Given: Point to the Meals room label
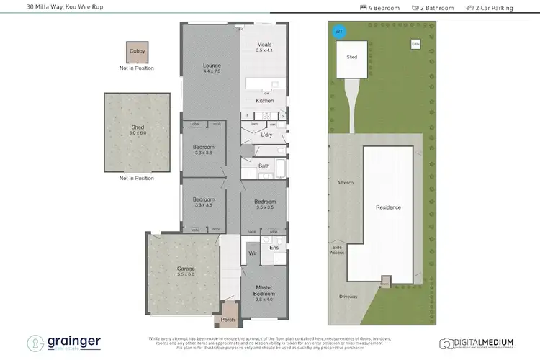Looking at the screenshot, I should click(265, 45).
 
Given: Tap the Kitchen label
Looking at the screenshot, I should click(265, 100).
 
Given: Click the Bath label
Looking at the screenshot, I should click(264, 166).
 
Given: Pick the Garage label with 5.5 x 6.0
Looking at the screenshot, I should click(186, 270).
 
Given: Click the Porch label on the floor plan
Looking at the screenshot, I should click(228, 320).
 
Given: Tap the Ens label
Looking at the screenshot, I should click(274, 248).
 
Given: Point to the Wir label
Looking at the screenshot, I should click(253, 253).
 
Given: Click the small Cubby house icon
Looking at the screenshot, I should click(136, 52).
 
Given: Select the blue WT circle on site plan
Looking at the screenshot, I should click(338, 31).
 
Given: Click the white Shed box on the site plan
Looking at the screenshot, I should click(351, 57).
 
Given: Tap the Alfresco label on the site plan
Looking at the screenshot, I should click(346, 183).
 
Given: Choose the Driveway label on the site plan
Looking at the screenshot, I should click(348, 297).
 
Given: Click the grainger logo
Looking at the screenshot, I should click(65, 343).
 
